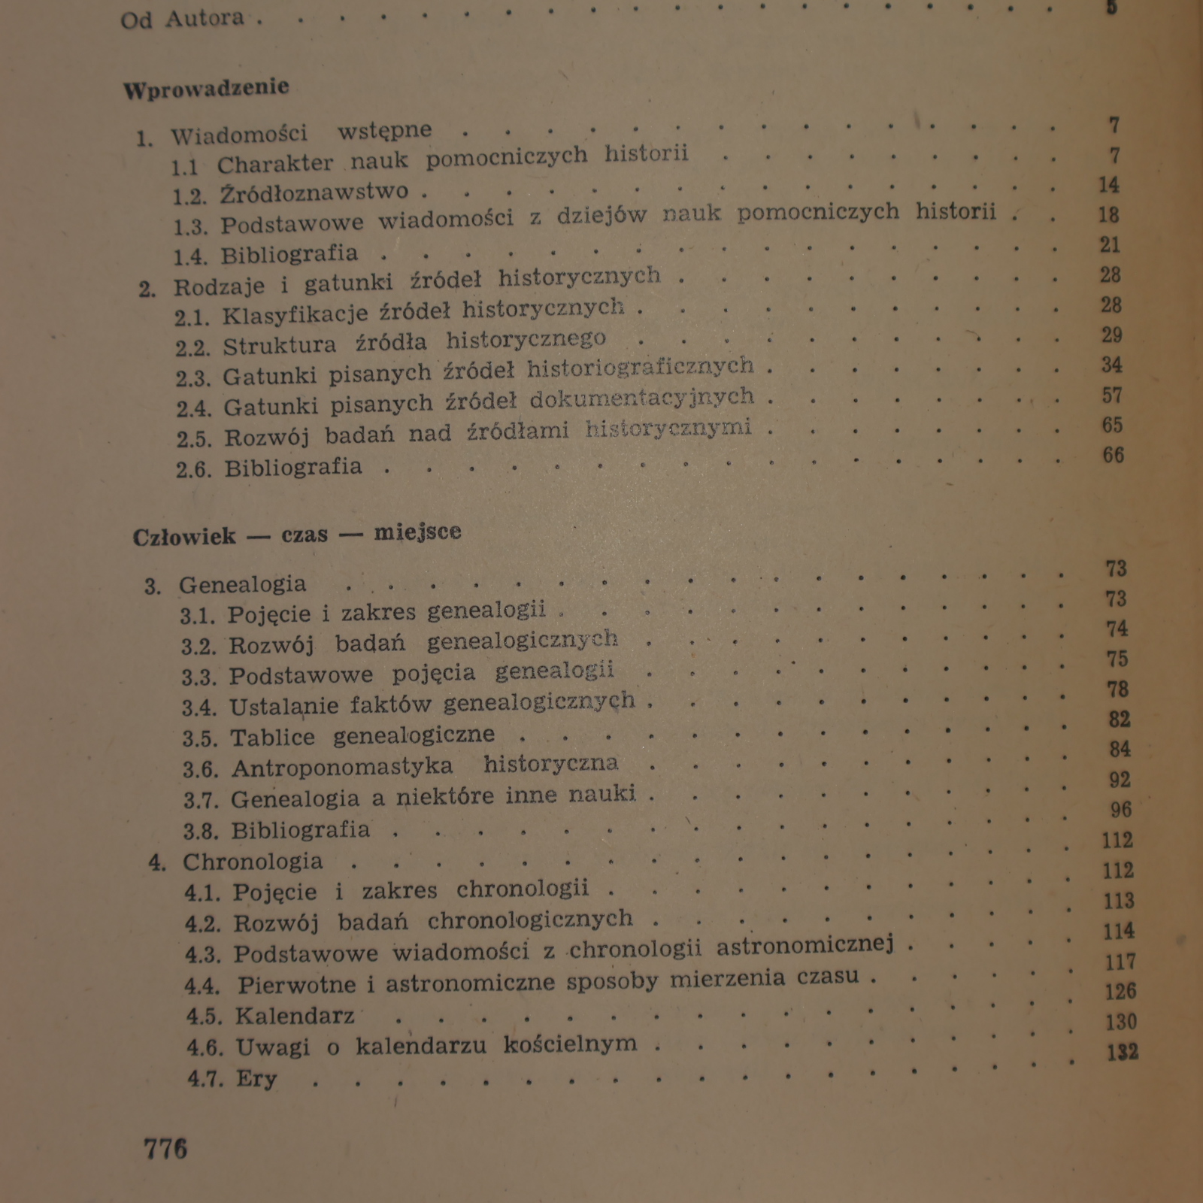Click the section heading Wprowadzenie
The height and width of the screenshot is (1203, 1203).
coord(206,88)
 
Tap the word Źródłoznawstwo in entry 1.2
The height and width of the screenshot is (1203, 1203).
coord(314,192)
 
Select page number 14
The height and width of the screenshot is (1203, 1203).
coord(1108,185)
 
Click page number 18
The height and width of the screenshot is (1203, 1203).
coord(1108,215)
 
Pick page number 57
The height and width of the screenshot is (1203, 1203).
coord(1112,395)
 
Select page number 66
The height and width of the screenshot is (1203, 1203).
coord(1113,456)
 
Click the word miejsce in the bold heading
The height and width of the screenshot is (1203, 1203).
coord(417,533)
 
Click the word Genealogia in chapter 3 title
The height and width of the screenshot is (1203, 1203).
coord(242,584)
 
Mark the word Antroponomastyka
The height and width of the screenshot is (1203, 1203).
coord(342,767)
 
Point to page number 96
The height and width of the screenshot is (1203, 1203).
coord(1120,810)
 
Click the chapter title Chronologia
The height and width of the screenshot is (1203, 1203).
coord(253,862)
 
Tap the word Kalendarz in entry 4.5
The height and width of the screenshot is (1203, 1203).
coord(295,1017)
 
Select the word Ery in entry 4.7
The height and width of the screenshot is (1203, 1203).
coord(256,1079)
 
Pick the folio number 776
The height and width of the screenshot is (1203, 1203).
coord(165,1149)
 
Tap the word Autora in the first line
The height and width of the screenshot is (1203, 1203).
coord(205,18)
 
